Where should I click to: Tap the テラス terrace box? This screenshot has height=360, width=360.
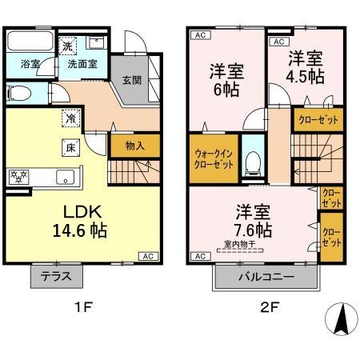pyautogui.click(x=56, y=276)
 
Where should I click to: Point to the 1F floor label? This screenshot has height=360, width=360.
pyautogui.click(x=80, y=306)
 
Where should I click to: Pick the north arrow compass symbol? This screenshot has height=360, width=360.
pyautogui.click(x=340, y=321)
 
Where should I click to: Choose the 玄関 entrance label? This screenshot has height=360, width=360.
pyautogui.click(x=132, y=79)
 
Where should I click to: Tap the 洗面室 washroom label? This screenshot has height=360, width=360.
pyautogui.click(x=82, y=64)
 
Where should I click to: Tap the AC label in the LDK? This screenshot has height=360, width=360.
pyautogui.click(x=148, y=256)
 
